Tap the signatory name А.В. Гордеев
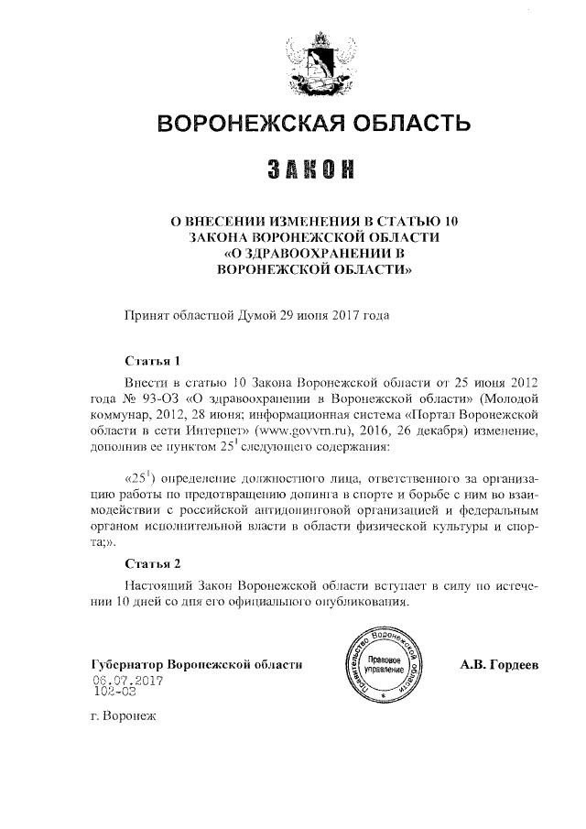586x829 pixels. click(499, 664)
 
